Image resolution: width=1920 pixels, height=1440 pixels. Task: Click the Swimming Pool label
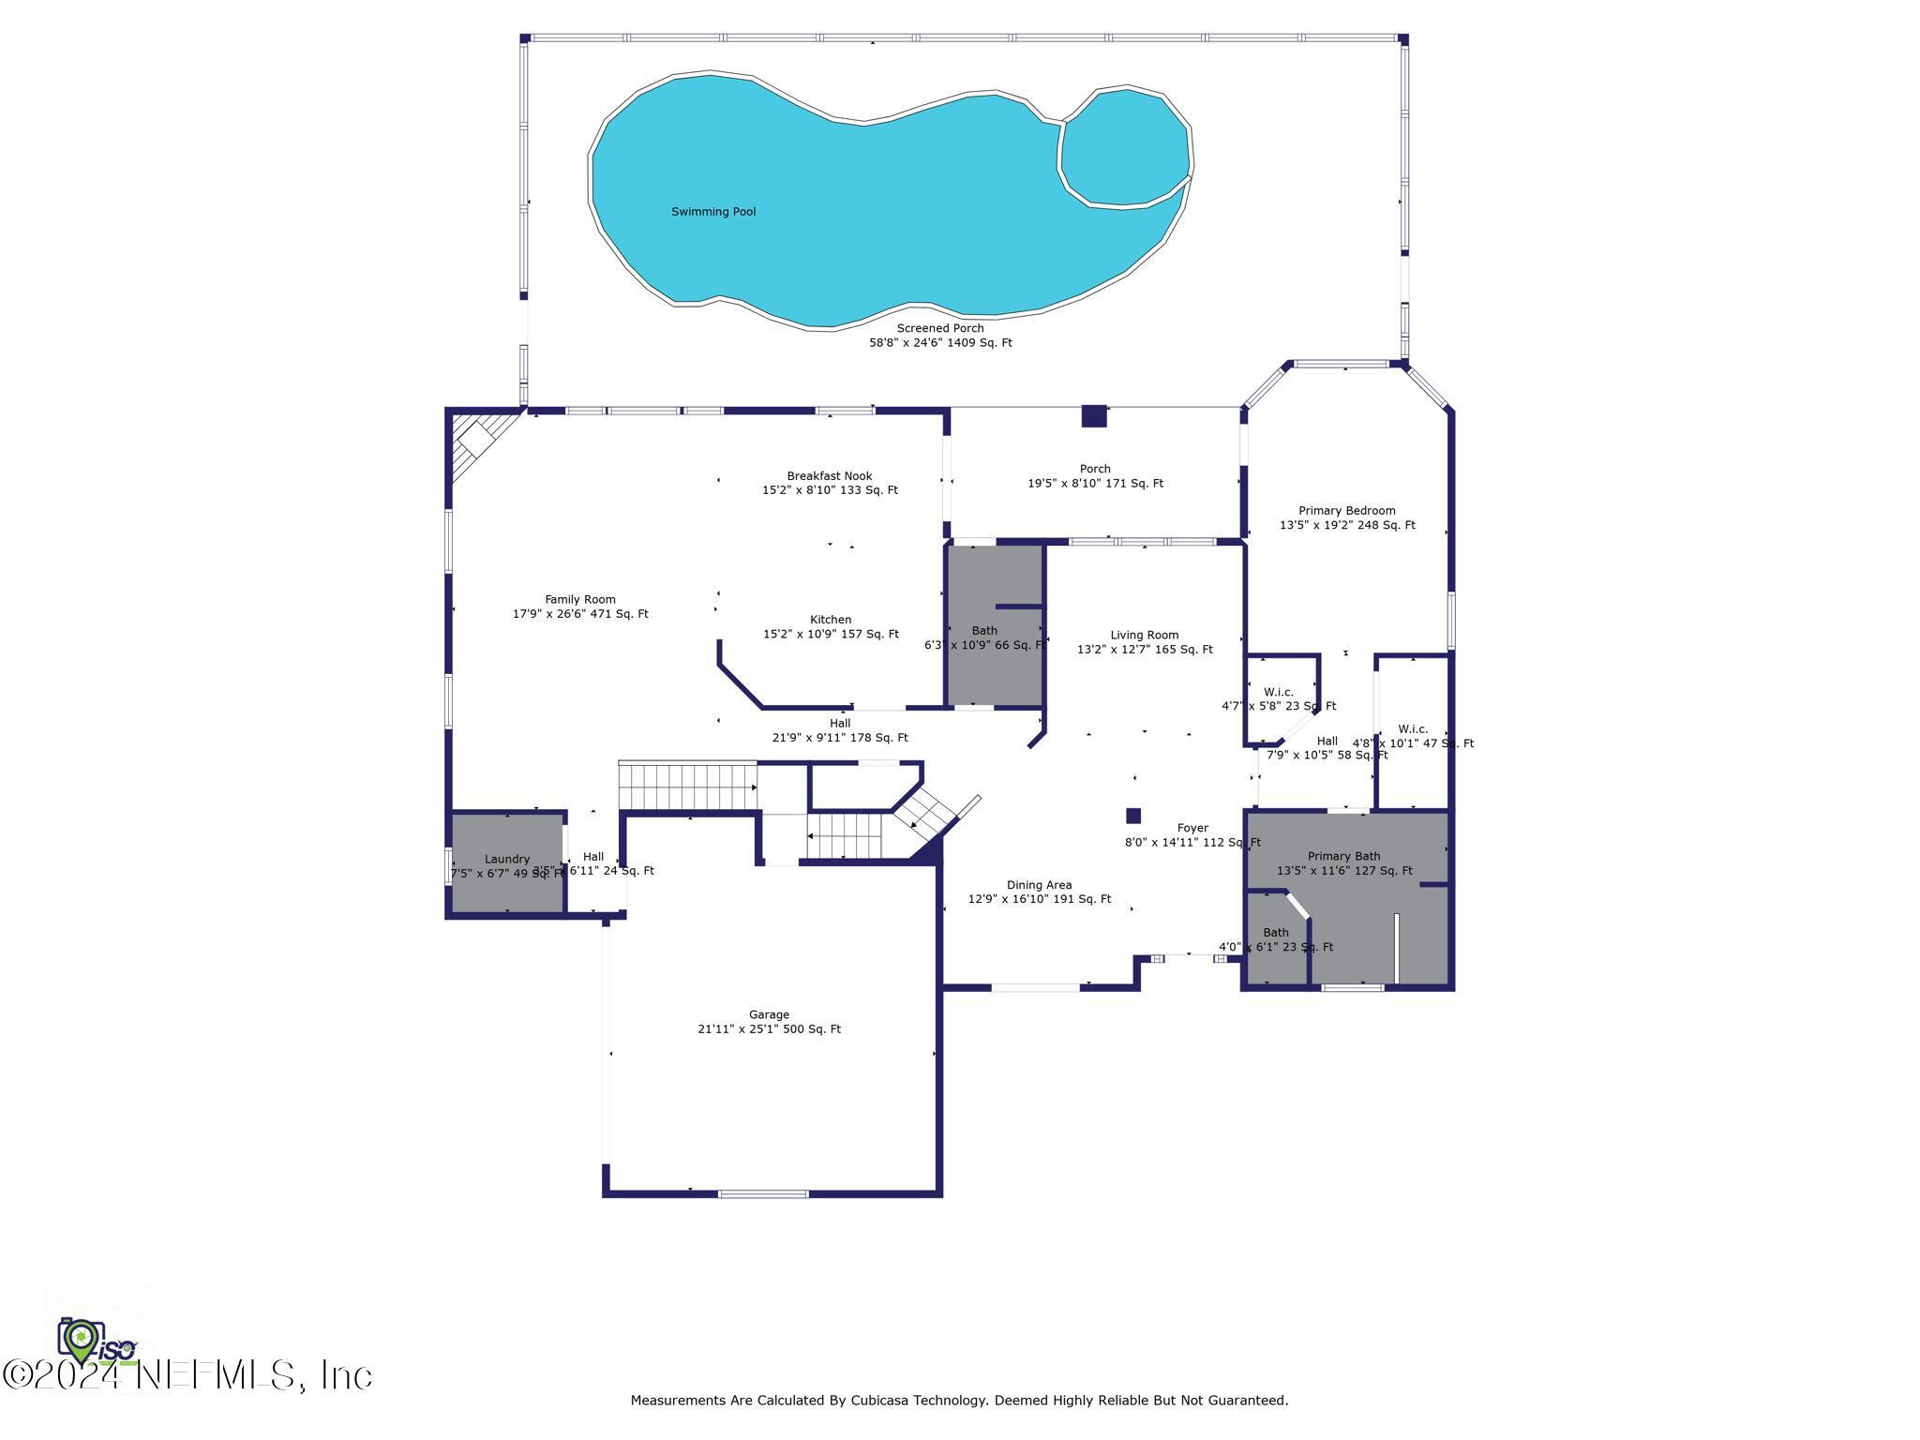[712, 212]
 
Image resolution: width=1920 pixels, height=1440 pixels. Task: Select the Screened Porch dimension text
[940, 343]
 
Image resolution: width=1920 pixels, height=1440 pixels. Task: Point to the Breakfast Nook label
[829, 476]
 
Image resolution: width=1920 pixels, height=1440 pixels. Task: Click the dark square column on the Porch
[1093, 416]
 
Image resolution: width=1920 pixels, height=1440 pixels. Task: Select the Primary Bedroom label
[1346, 511]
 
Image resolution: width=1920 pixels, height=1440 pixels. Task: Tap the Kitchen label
[831, 620]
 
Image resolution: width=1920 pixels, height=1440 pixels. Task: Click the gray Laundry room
[507, 862]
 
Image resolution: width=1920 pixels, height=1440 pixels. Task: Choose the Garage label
[769, 1014]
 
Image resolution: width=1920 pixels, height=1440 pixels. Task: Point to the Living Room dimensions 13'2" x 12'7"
[1144, 650]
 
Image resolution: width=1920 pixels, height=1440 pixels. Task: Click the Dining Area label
[1039, 885]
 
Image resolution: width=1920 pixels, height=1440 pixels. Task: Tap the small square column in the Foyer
[1133, 816]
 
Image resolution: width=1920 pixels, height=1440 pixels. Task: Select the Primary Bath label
[1343, 856]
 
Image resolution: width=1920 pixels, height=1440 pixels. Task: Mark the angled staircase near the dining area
[929, 816]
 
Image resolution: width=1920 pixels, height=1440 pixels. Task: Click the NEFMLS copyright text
[187, 1376]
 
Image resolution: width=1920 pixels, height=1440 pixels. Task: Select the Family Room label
[580, 600]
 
